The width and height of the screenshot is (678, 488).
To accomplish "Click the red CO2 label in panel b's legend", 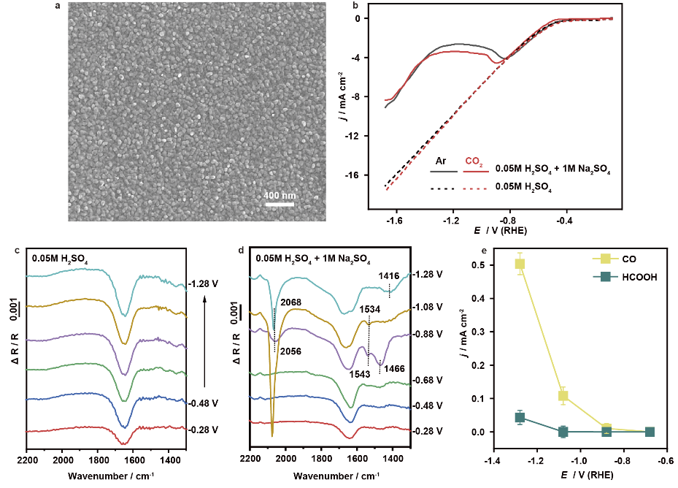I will tap(477, 160).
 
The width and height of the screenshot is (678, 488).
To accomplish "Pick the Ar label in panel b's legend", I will tap(442, 160).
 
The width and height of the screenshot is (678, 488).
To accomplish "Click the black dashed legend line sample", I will tap(443, 188).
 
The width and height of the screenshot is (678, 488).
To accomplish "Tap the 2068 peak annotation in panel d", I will tap(289, 302).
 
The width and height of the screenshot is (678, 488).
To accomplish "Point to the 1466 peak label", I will tap(395, 369).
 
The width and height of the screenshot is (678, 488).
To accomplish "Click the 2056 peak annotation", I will tap(290, 350).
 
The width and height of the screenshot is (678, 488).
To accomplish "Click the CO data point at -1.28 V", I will tap(520, 264).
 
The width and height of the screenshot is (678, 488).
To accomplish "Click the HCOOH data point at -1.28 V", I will tap(520, 418).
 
